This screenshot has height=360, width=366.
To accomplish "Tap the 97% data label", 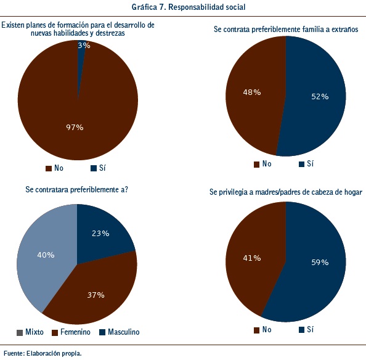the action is point(75,128).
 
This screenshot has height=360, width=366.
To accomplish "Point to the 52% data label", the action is point(320,97).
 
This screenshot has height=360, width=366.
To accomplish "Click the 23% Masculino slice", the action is point(103,234).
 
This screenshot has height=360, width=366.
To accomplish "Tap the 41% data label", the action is point(252,258).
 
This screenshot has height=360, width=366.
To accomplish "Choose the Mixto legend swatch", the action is point(20,333).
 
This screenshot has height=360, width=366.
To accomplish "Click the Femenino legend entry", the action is point(71,332).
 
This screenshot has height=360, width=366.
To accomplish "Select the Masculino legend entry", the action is point(120,332).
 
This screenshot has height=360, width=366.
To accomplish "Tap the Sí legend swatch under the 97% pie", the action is point(94,168).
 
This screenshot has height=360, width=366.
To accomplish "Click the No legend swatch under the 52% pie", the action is point(256,165).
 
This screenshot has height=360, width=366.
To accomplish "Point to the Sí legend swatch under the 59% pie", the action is point(301,330).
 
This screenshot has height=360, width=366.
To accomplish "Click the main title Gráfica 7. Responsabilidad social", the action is point(189,7).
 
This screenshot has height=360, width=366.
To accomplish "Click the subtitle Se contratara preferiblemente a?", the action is point(77,190).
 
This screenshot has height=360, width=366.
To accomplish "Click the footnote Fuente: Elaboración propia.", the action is point(43,353).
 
